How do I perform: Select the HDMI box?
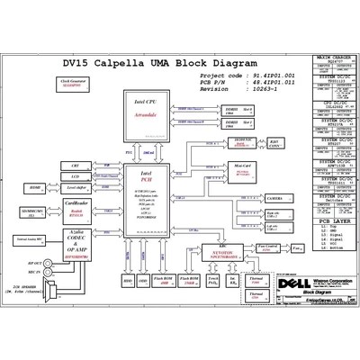[35, 187]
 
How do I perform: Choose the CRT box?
[76, 166]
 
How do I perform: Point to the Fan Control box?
[266, 246]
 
